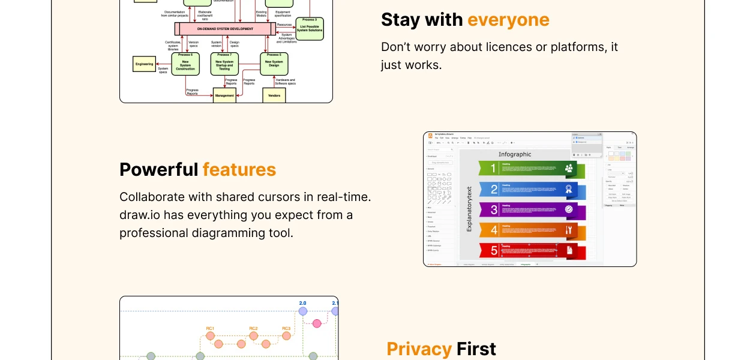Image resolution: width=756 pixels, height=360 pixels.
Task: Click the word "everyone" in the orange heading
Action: click(508, 20)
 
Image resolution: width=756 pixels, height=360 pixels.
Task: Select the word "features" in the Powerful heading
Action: click(239, 170)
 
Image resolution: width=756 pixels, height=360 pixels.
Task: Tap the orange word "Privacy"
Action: click(419, 349)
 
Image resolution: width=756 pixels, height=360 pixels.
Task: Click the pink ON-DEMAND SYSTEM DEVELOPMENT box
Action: click(225, 29)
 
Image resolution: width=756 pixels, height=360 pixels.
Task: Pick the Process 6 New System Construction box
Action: click(185, 64)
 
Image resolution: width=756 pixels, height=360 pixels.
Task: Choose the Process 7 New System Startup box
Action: click(224, 64)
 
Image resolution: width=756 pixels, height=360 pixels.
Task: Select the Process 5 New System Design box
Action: click(274, 64)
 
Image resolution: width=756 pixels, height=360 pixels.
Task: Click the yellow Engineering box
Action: click(144, 64)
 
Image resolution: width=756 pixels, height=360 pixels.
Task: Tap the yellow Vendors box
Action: click(274, 95)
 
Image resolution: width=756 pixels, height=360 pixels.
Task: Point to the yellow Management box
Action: click(224, 95)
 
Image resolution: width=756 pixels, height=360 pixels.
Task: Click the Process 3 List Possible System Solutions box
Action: click(310, 28)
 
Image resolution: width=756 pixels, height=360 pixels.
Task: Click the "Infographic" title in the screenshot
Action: click(515, 154)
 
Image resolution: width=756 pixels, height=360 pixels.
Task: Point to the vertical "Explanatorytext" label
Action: click(469, 209)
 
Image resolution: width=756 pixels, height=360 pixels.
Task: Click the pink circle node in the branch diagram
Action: click(317, 323)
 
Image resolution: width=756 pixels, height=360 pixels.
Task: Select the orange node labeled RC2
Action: click(253, 336)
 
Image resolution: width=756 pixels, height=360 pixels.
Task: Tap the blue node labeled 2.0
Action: click(302, 311)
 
